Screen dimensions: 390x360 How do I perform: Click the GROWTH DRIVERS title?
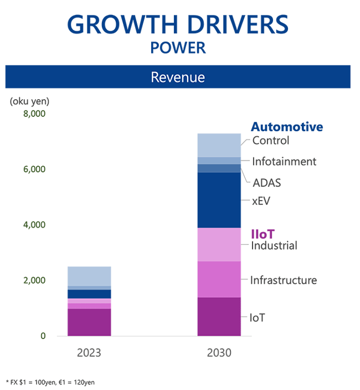[x=178, y=24]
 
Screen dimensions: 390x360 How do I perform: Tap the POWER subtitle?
[x=178, y=48]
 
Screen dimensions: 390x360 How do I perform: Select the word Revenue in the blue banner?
[x=178, y=77]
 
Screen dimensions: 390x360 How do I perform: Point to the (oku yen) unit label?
[x=29, y=101]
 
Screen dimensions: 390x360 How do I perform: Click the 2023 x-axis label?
[x=89, y=352]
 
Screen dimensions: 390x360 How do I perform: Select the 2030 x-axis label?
[x=219, y=352]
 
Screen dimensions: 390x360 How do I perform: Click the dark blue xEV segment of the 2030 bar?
[x=219, y=200]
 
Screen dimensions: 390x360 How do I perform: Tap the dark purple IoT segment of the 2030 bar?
[x=219, y=316]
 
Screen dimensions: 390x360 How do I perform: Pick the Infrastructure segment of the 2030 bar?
[x=219, y=279]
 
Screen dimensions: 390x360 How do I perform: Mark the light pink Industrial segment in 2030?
[x=219, y=244]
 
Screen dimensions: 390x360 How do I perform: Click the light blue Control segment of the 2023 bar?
[x=89, y=276]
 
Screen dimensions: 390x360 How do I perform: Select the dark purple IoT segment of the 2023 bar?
[x=89, y=322]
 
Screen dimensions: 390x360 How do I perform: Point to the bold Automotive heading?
[x=287, y=127]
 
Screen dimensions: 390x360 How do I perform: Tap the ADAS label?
[x=268, y=182]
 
